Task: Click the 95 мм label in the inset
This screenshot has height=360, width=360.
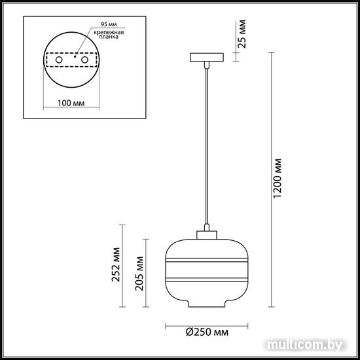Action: point(109,24)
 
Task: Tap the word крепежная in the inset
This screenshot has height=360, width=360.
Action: point(109,32)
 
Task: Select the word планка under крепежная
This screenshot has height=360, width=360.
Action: point(109,37)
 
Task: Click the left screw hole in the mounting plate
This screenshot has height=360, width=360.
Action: point(59,60)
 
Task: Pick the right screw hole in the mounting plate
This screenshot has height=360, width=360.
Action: point(84,60)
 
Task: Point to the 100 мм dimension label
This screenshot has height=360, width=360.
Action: point(71,103)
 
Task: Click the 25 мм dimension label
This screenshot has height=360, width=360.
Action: point(242,34)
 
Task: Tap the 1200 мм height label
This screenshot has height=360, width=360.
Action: point(278,178)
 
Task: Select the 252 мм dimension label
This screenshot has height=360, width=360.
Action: point(116,264)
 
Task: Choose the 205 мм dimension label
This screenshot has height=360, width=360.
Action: point(139,274)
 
